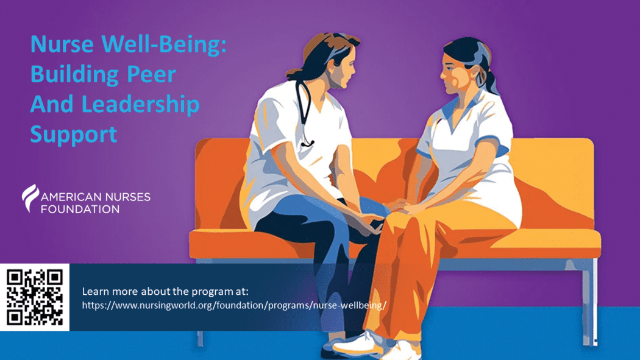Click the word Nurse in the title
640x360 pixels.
click(x=62, y=44)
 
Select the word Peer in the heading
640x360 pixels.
click(x=151, y=74)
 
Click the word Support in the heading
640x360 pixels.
click(x=74, y=135)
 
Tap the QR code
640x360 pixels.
click(x=35, y=297)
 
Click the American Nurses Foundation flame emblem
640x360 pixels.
click(x=30, y=198)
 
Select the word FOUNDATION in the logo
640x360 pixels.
click(x=80, y=209)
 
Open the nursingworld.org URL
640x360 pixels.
click(x=234, y=305)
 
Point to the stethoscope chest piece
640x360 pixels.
click(x=307, y=143)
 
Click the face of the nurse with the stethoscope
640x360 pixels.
click(x=341, y=71)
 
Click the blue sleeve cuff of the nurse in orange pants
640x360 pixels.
click(x=492, y=145)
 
